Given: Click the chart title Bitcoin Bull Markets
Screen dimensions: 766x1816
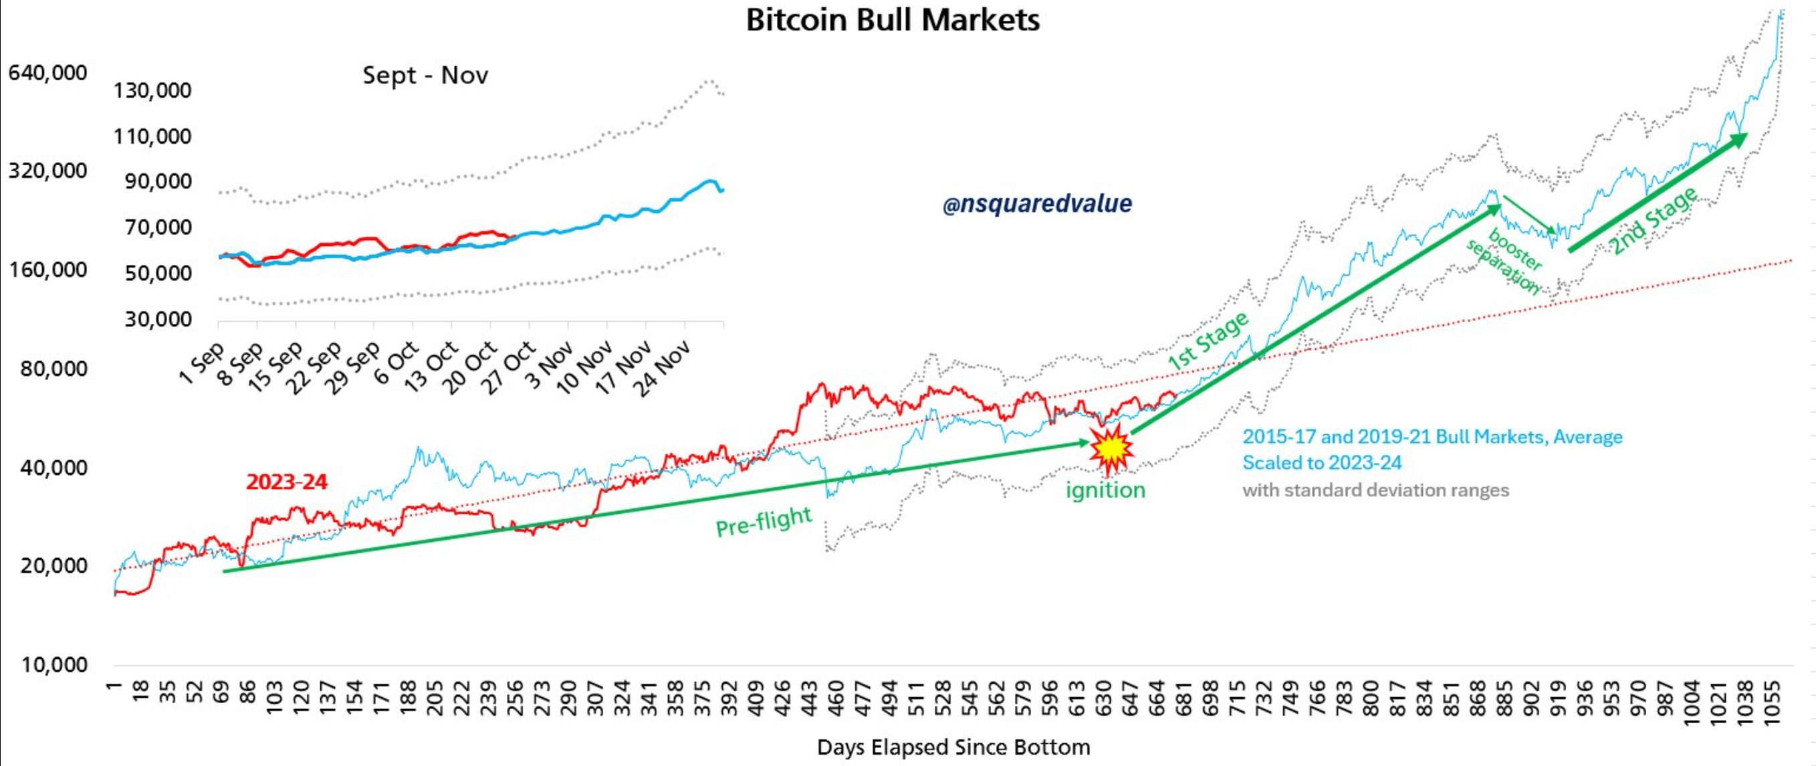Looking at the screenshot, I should pos(893,20).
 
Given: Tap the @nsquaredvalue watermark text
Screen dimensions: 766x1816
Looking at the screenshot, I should pos(1037,204).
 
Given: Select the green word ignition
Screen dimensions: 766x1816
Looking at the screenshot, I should pos(1105,490).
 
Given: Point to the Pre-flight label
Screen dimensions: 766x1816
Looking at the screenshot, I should pos(764,522).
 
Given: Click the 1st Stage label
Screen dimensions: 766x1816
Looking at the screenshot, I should pos(1208,341).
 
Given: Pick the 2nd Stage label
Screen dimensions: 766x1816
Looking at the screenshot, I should pos(1653,221).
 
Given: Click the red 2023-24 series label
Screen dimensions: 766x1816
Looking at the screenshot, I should pos(286,482).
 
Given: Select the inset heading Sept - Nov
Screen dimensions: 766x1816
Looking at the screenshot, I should pos(425,75).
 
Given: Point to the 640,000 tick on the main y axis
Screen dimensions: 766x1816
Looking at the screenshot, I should pos(47,73).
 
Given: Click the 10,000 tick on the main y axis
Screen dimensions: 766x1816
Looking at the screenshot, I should pos(53,664).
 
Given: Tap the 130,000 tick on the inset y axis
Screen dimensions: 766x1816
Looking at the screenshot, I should pos(152,90).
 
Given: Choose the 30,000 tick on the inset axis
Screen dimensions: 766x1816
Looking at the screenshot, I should pos(158,319).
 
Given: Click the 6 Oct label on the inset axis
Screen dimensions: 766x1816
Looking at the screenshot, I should pos(396,363).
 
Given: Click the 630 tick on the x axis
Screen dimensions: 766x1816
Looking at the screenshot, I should pos(1103,698).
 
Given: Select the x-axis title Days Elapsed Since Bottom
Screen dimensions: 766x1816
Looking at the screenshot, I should pos(953,747).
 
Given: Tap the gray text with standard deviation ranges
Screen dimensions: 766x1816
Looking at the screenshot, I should pos(1375,490).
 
